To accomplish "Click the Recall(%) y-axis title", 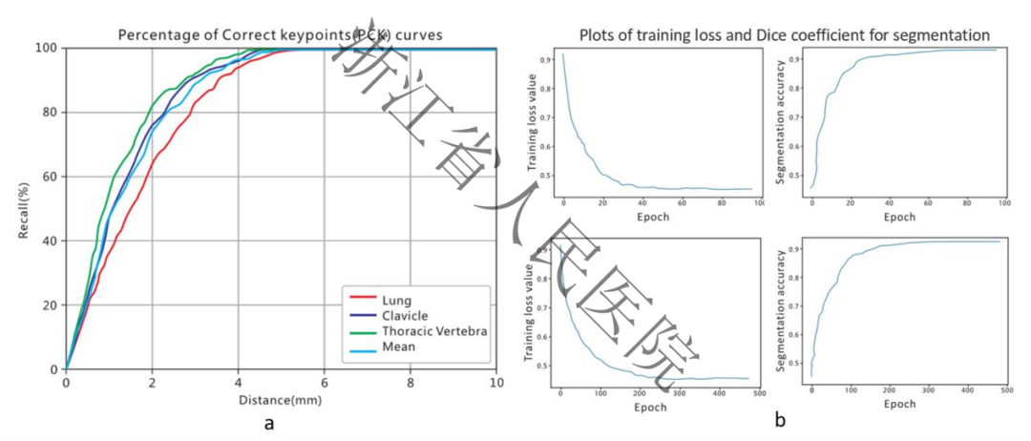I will click(x=25, y=208).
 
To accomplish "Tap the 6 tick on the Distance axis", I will click(x=325, y=383).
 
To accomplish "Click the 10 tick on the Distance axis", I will click(x=495, y=383).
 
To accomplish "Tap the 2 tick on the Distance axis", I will click(x=152, y=383).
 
